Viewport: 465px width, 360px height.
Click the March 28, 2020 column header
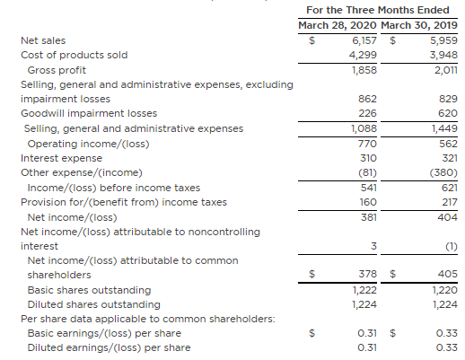click(x=338, y=25)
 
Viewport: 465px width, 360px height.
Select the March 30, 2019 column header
click(x=419, y=25)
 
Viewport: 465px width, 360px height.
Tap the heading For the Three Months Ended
click(x=378, y=10)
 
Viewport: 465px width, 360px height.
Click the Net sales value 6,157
click(x=364, y=40)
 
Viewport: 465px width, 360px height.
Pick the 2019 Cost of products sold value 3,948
click(x=443, y=55)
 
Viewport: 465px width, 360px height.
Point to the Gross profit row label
click(x=57, y=70)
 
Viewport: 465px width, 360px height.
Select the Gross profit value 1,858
click(x=364, y=70)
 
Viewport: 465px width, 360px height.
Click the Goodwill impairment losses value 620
click(x=448, y=113)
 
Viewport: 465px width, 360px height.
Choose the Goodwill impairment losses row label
click(x=89, y=113)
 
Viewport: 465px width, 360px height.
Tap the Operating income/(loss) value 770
click(x=367, y=144)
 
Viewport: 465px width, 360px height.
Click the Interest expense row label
click(x=61, y=158)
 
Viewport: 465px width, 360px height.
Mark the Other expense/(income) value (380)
click(x=443, y=172)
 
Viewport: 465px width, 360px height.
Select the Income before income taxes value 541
click(x=368, y=188)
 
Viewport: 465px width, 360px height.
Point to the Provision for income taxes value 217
click(x=450, y=202)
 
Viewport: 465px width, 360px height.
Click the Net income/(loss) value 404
click(x=448, y=217)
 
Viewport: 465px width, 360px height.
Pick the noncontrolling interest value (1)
click(x=452, y=246)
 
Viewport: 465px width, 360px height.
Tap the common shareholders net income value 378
click(x=368, y=274)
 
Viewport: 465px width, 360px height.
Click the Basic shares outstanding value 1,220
click(x=445, y=290)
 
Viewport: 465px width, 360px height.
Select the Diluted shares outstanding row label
click(x=94, y=304)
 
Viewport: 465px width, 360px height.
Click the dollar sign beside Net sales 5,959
click(x=393, y=40)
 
